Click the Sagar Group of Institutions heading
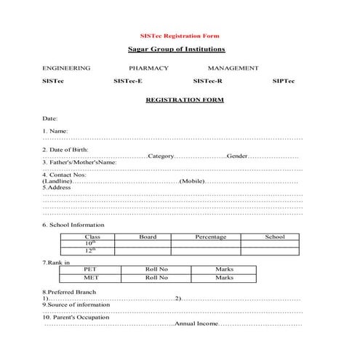(177, 49)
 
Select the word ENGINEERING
(66, 68)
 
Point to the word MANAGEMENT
(233, 68)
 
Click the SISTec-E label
(128, 81)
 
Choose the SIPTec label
(283, 81)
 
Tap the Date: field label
(49, 117)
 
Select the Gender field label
(238, 156)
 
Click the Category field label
(161, 156)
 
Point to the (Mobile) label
(191, 181)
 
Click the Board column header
(148, 236)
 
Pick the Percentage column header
(210, 236)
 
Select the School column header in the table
(275, 236)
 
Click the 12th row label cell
(91, 250)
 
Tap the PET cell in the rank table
(91, 269)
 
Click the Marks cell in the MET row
(224, 277)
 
